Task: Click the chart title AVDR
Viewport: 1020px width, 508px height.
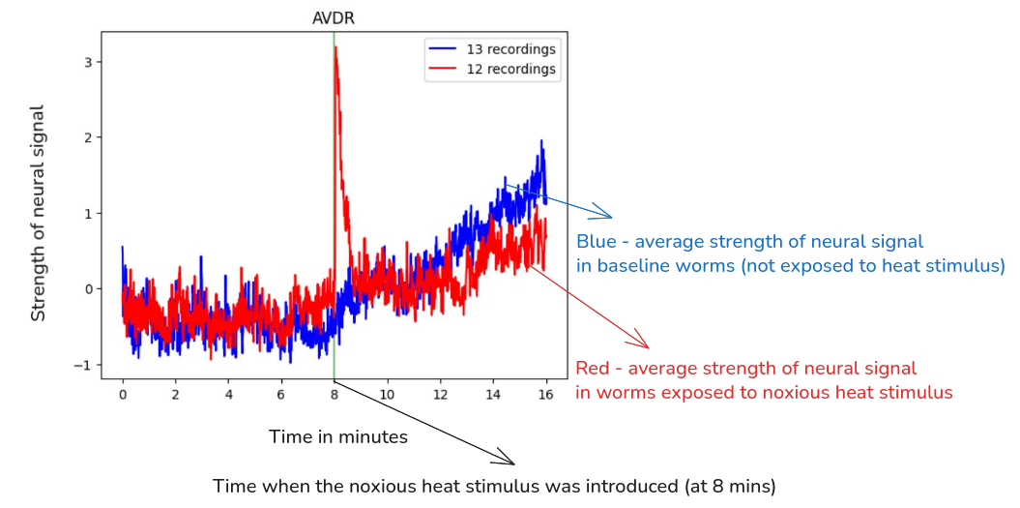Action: (334, 17)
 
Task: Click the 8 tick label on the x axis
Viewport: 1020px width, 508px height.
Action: (335, 395)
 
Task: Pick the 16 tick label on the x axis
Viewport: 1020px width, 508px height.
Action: (546, 395)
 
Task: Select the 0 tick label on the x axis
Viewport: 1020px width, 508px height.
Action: (123, 395)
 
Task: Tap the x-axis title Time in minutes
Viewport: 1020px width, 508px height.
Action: (338, 437)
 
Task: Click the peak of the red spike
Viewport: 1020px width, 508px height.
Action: (335, 47)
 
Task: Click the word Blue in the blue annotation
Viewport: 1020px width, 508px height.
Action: (596, 241)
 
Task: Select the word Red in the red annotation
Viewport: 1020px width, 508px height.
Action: (594, 369)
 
